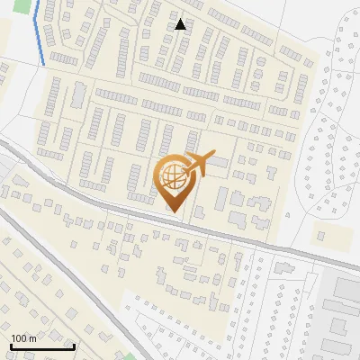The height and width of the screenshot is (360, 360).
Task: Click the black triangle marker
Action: (181, 24)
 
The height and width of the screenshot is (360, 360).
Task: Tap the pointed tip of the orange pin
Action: (175, 212)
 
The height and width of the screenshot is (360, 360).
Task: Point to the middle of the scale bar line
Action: (42, 346)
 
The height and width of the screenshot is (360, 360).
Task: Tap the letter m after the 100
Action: (32, 338)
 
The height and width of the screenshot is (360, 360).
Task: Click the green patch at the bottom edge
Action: (131, 356)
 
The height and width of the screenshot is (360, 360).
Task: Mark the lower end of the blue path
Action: (45, 64)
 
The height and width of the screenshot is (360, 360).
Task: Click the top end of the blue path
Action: (39, 2)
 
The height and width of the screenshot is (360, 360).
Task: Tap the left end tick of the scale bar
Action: (11, 346)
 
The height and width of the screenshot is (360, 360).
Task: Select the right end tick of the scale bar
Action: (74, 346)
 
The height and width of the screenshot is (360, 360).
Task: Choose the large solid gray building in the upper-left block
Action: (78, 94)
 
